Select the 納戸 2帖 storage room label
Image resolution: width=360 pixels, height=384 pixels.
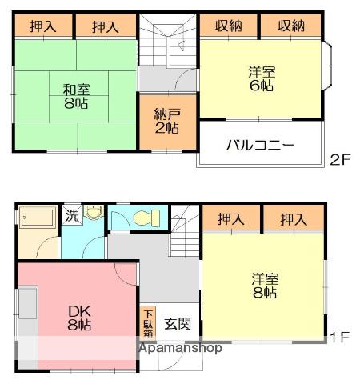166,121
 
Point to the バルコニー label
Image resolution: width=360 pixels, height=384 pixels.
261,146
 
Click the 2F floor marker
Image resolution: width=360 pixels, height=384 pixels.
340,159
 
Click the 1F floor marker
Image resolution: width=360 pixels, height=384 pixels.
340,338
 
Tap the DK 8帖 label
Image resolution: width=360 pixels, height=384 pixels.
78,318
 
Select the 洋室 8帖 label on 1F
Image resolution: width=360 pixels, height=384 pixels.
265,286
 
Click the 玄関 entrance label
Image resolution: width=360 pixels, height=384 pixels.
177,324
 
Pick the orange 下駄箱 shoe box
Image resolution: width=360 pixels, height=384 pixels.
149,324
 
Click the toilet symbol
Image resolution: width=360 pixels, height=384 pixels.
146,218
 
